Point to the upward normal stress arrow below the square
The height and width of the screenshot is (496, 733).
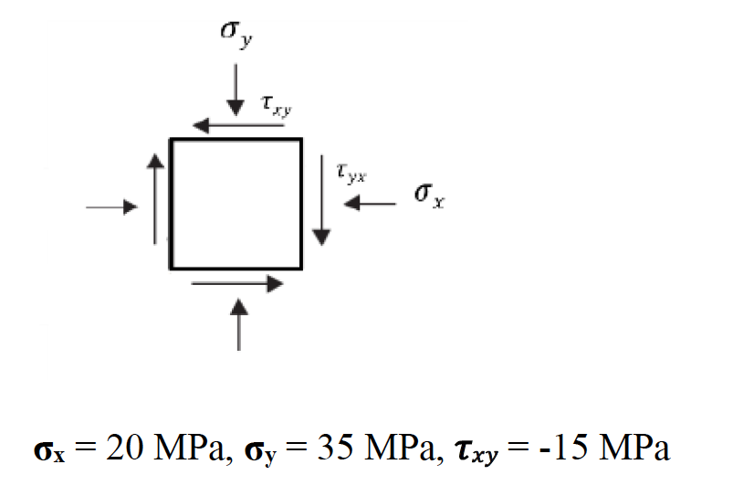click(x=239, y=324)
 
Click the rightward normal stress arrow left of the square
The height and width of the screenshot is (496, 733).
click(x=110, y=207)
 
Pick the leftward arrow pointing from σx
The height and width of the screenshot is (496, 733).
click(x=370, y=205)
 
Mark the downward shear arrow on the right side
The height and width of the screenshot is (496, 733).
click(x=319, y=200)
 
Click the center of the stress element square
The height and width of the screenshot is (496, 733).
click(x=236, y=204)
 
